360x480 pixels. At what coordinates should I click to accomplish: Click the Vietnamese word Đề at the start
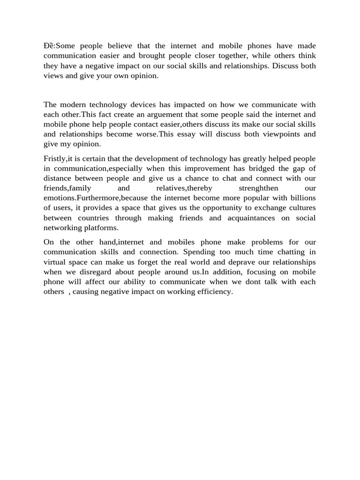[48, 46]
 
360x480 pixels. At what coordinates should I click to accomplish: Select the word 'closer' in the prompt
[177, 56]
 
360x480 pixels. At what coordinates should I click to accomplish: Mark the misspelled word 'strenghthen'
[251, 188]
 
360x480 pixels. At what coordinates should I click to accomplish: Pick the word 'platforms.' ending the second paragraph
[102, 228]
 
